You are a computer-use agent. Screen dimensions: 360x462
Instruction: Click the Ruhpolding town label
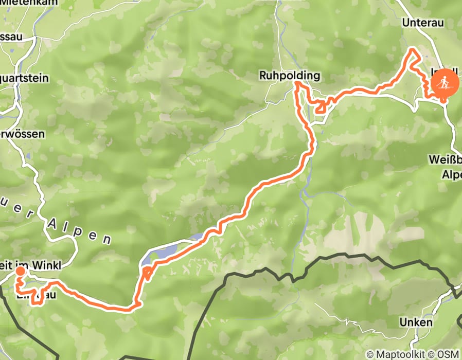[x=289, y=76]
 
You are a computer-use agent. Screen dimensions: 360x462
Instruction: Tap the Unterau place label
[x=422, y=23]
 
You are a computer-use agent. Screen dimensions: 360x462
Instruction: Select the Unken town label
[x=415, y=322]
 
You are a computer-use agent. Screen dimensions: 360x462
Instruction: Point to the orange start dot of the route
[x=20, y=271]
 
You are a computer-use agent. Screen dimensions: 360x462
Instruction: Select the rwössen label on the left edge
[x=22, y=134]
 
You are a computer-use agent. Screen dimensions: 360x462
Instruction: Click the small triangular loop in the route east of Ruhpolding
[x=321, y=106]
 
